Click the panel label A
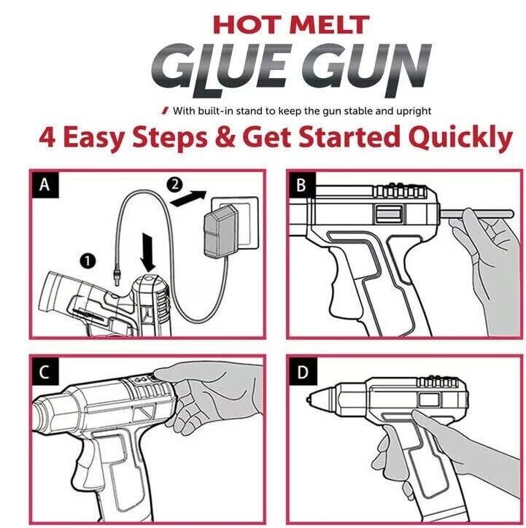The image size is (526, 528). coord(45,186)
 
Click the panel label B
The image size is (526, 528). coord(301,186)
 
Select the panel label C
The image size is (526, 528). coord(45,373)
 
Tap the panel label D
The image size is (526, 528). coord(301,373)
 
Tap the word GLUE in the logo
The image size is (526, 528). coord(231,66)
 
